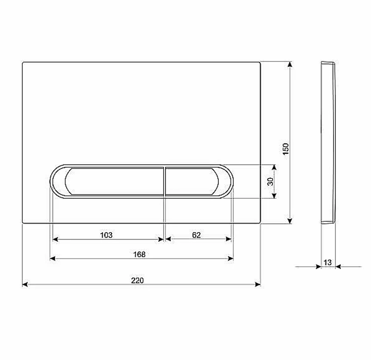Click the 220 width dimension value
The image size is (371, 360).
click(138, 280)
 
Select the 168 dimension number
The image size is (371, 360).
click(139, 254)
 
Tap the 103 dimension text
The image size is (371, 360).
click(106, 235)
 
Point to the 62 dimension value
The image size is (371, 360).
click(196, 235)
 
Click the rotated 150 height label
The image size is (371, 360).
click(286, 149)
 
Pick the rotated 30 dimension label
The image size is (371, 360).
click(270, 182)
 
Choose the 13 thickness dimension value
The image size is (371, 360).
click(328, 262)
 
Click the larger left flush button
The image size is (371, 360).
click(114, 181)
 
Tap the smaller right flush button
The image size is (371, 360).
click(192, 181)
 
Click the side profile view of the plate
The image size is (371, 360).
click(328, 142)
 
